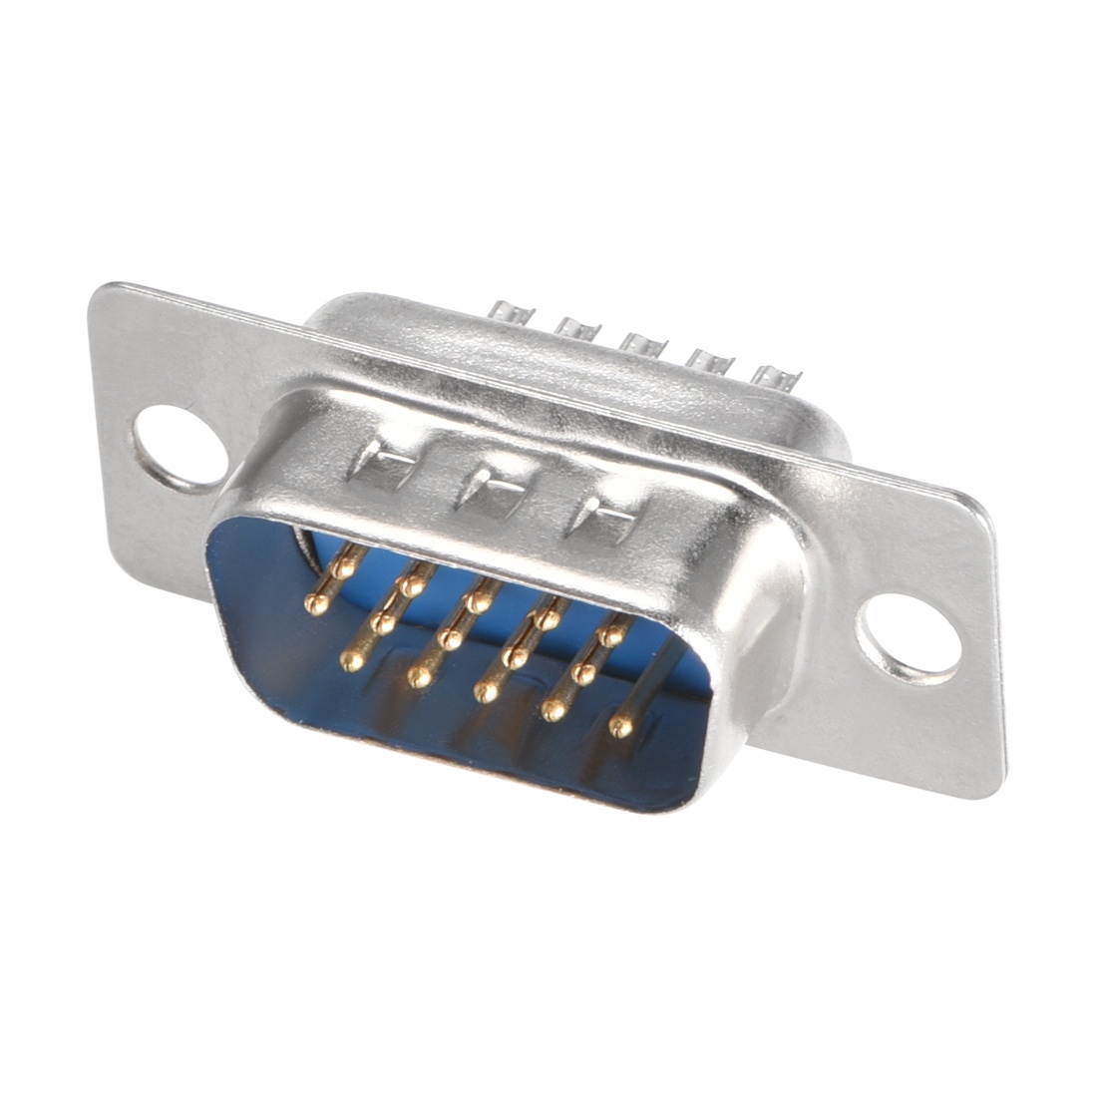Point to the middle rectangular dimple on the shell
point(488,490)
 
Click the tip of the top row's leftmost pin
point(346,567)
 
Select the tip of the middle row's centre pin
point(453,640)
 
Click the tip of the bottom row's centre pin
point(487,693)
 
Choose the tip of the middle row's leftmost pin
point(318,601)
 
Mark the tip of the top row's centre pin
point(481,601)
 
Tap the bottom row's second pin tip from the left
point(419,677)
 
